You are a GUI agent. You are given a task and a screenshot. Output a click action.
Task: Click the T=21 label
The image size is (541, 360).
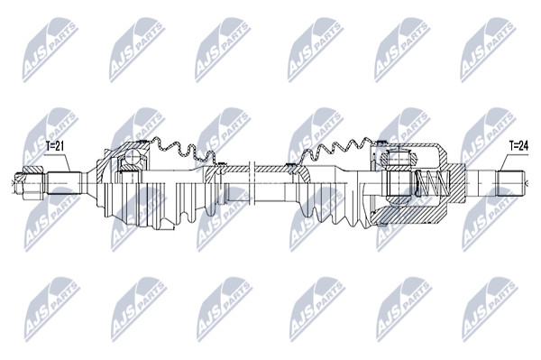tap(55, 146)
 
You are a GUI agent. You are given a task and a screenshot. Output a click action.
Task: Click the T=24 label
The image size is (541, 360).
tap(519, 146)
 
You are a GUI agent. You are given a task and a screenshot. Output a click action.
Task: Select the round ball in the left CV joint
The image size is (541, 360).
tap(132, 158)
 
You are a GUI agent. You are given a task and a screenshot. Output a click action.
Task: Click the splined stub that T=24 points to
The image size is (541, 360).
tap(511, 183)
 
